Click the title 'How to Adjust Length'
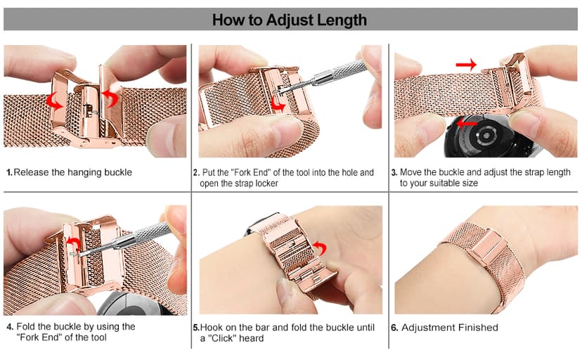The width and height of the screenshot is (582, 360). (290, 20)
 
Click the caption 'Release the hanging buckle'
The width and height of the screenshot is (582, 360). (72, 172)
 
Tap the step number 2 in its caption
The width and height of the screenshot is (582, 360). (195, 172)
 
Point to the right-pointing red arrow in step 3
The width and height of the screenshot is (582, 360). (465, 65)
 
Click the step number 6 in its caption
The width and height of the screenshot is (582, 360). (394, 327)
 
